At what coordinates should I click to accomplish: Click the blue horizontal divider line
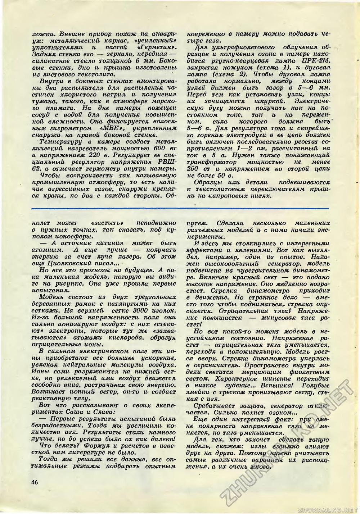click(180, 208)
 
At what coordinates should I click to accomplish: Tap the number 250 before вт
click(195, 169)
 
